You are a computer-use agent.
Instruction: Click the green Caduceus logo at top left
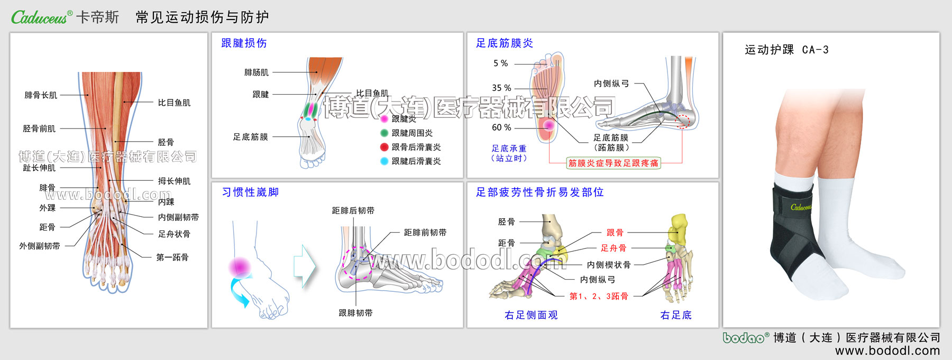(x=40, y=17)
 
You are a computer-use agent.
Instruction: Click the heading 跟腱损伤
(x=244, y=43)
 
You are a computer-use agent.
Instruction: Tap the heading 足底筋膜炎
(x=505, y=43)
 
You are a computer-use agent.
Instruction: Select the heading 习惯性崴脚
(x=250, y=192)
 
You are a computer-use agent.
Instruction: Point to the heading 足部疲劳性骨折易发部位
(x=539, y=192)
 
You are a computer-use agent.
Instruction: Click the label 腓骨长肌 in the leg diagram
(x=41, y=96)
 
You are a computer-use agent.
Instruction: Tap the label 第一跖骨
(x=172, y=258)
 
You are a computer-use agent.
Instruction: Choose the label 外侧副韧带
(x=40, y=246)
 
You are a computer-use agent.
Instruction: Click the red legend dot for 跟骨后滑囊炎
(x=385, y=147)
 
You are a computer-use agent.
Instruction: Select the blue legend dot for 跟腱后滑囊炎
(x=385, y=161)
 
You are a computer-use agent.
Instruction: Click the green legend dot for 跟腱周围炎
(x=385, y=133)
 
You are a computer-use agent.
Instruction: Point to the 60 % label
(x=501, y=128)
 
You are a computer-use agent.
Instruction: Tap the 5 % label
(x=500, y=63)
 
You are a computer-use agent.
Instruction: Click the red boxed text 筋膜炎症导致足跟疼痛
(x=613, y=163)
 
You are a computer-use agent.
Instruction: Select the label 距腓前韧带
(x=425, y=233)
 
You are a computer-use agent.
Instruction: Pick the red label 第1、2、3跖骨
(x=599, y=297)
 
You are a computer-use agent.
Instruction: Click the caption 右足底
(x=676, y=316)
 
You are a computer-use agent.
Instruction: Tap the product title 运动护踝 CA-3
(x=786, y=50)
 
